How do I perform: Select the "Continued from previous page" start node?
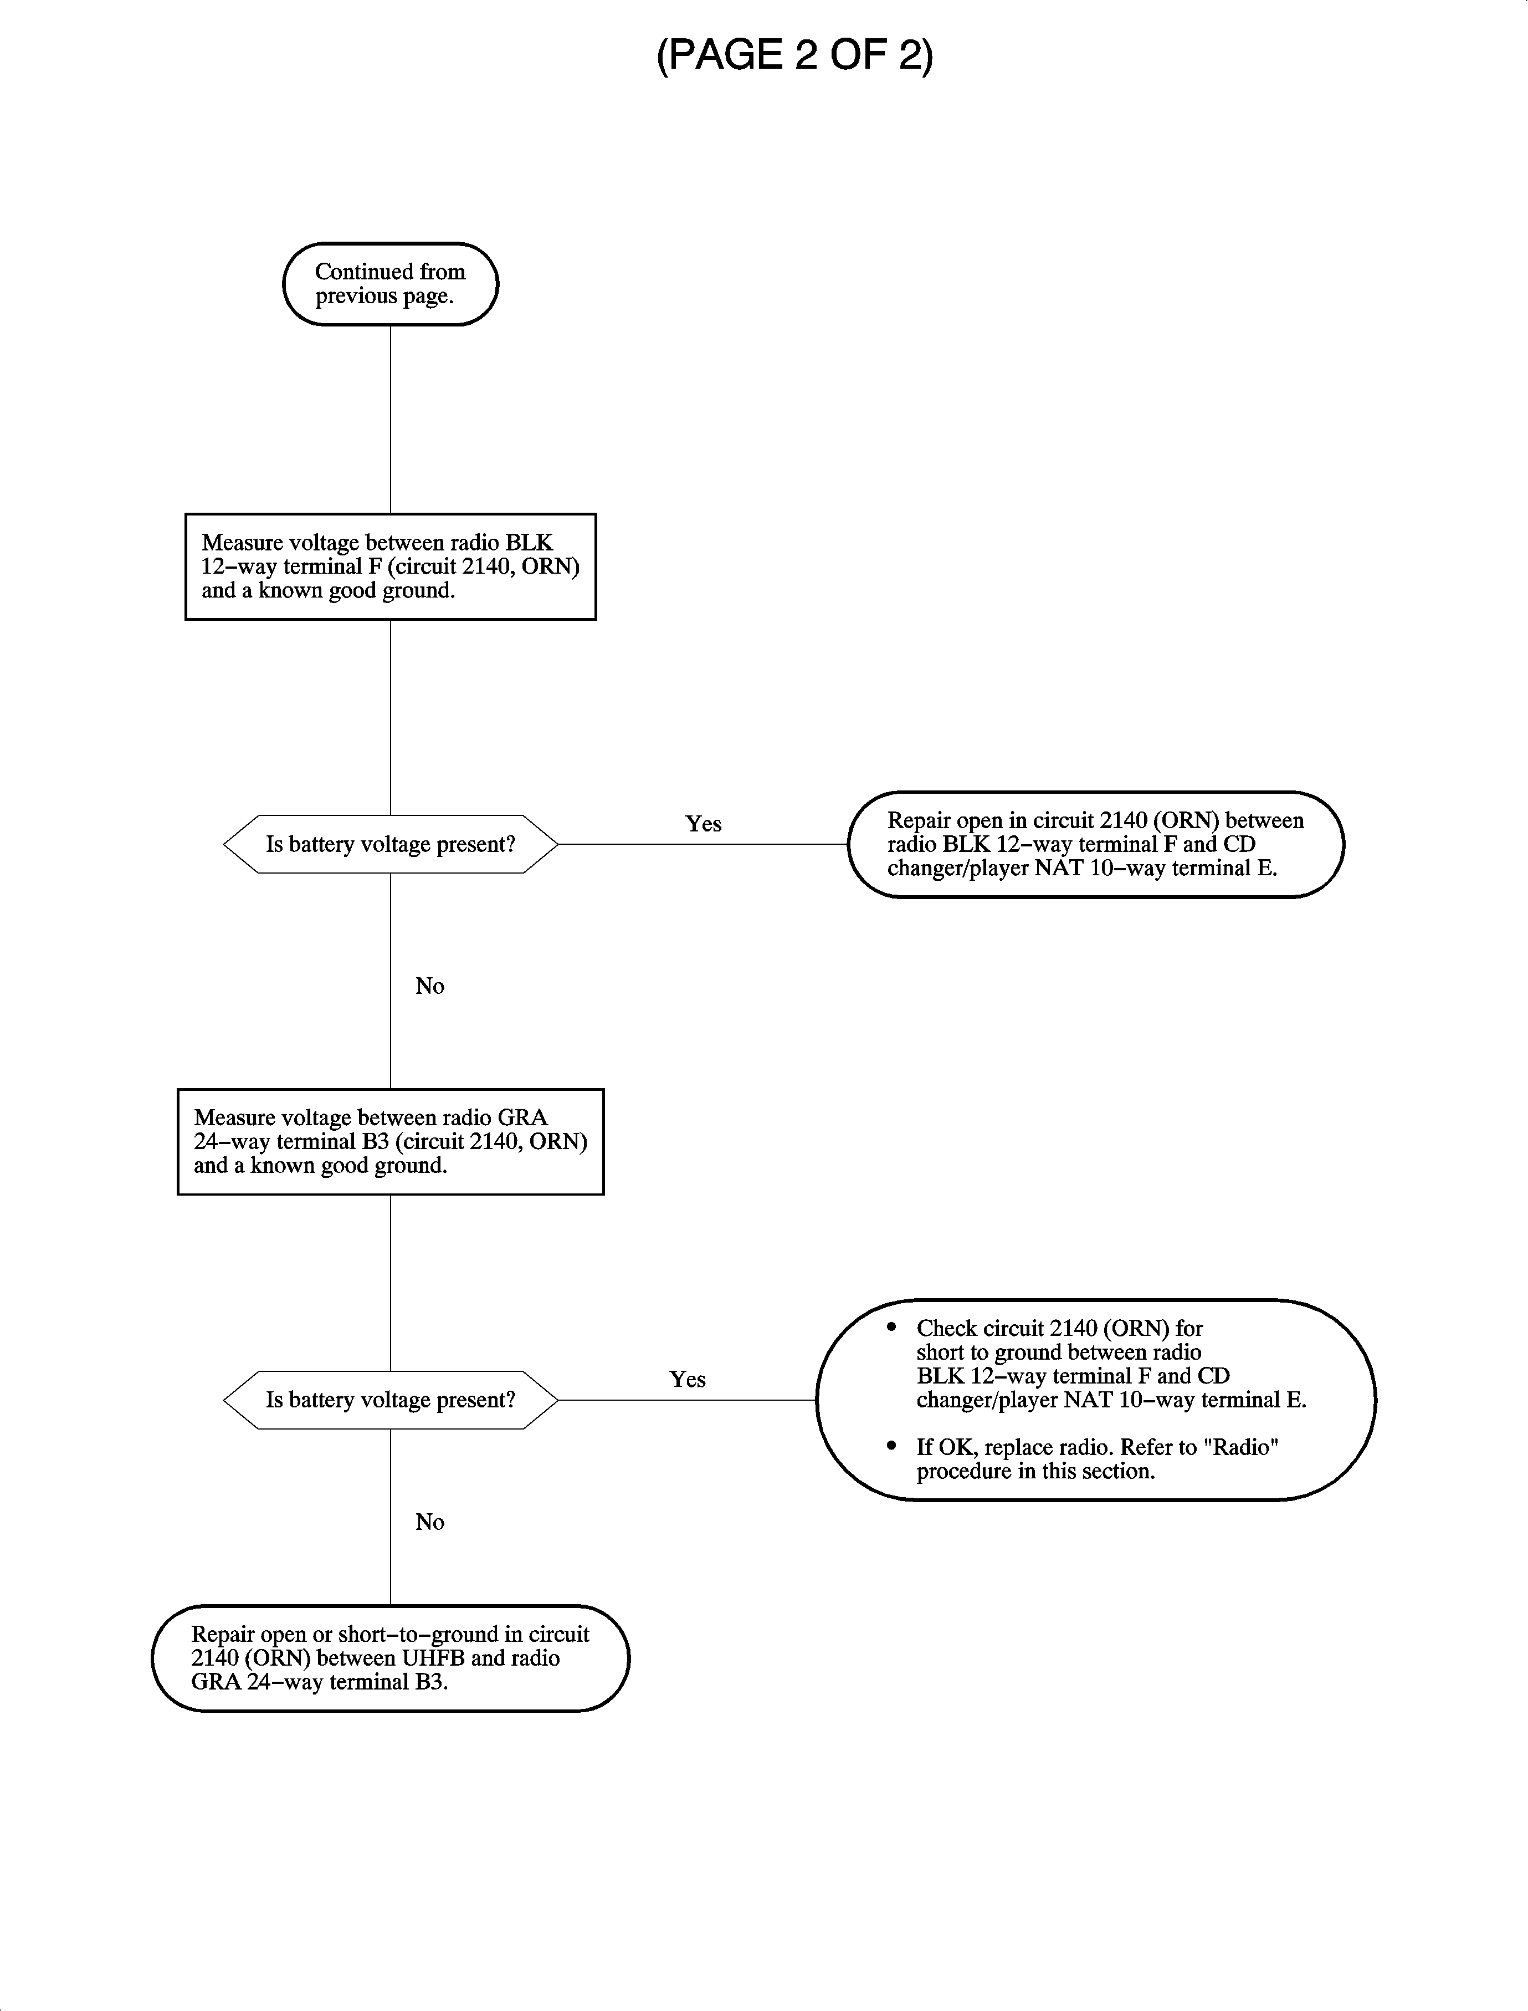coord(390,284)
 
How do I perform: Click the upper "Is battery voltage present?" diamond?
coord(390,844)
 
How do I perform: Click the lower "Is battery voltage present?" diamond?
coord(390,1400)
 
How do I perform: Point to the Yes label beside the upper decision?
coord(703,824)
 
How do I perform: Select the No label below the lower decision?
coord(429,1522)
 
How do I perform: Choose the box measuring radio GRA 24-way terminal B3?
coord(390,1141)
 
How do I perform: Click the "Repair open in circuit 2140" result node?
coord(1095,844)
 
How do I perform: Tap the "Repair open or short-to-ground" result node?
coord(390,1658)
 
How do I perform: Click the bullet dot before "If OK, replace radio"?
coord(891,1446)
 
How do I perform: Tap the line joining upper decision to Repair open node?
coord(703,844)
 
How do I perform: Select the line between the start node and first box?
coord(390,418)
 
